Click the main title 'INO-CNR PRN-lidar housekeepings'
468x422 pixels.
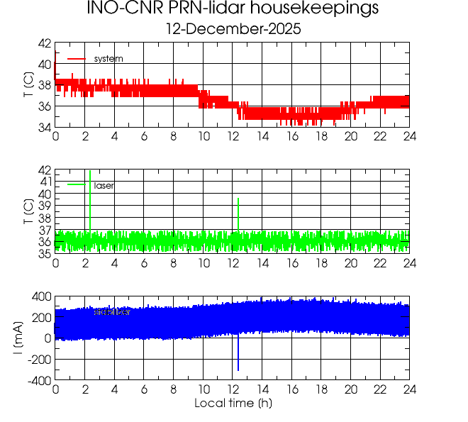233,10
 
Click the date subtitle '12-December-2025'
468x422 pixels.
233,30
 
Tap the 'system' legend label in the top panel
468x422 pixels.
108,58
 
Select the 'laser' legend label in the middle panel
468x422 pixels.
104,185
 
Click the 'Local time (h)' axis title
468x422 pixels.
233,404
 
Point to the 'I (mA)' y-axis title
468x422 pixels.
27,338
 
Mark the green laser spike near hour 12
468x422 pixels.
238,213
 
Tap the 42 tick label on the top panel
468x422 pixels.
43,43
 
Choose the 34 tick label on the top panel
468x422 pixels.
43,127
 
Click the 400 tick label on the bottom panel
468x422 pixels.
40,296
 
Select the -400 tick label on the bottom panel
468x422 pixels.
38,381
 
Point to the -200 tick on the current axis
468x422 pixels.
38,360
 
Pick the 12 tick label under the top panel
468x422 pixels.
233,136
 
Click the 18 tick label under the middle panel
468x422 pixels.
321,263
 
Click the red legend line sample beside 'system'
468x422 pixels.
76,58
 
